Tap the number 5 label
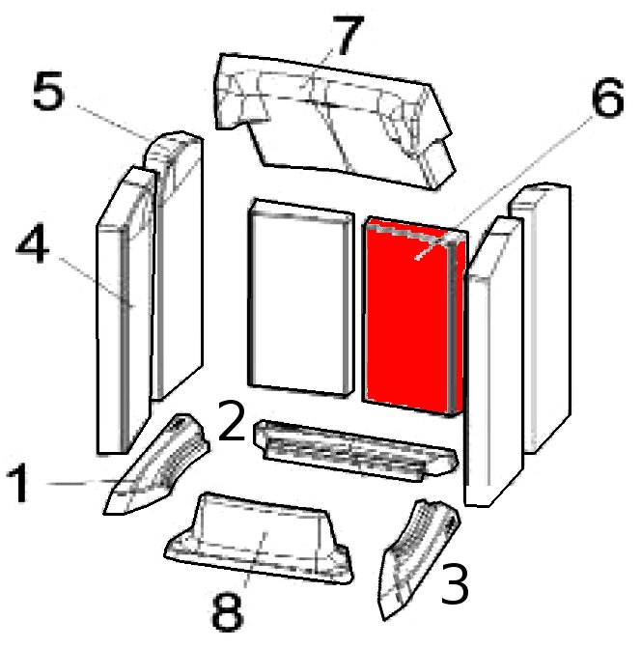coord(49,91)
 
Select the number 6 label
coord(607,97)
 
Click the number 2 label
coord(232,420)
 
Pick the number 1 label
coord(18,483)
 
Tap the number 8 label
coord(227,612)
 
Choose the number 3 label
coord(455,582)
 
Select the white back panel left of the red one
coord(301,298)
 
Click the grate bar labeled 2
coord(356,451)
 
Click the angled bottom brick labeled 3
coord(418,559)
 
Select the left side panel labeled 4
coord(125,310)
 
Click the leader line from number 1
coord(83,483)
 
